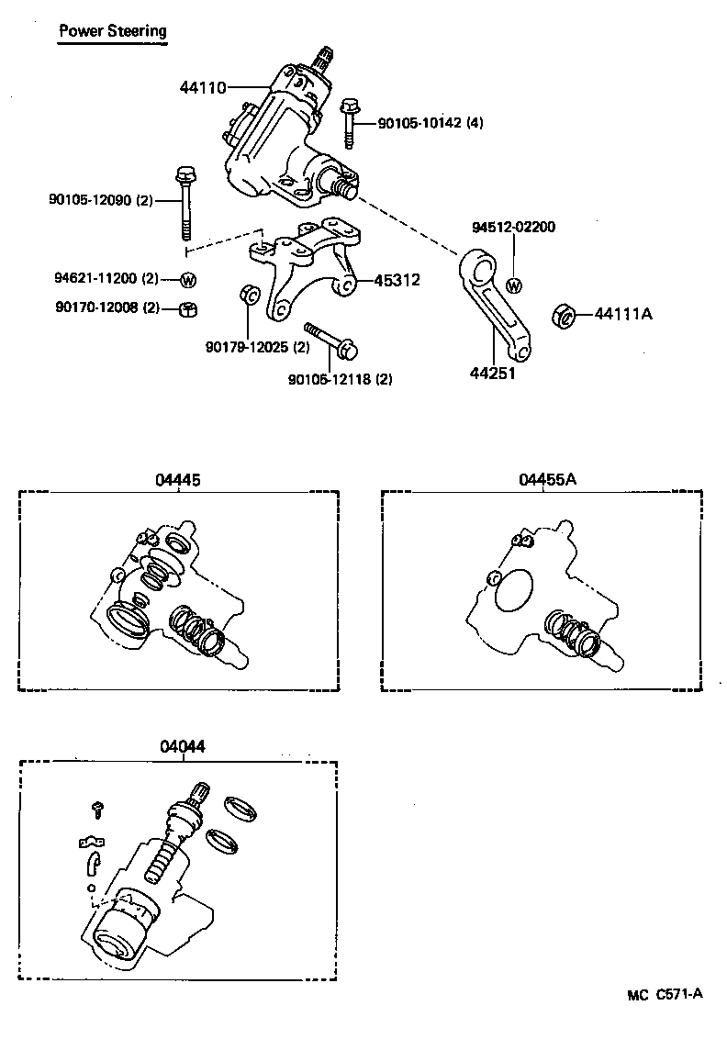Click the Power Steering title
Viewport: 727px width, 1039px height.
coord(113,31)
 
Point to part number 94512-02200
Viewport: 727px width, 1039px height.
coord(513,227)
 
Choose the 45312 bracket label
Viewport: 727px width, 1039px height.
coord(397,281)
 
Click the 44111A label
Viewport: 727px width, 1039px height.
coord(623,314)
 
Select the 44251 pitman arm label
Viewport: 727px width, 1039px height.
coord(492,374)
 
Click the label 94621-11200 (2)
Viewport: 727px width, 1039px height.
coord(106,279)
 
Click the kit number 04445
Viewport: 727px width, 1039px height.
coord(179,479)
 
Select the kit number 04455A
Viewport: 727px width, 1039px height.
coord(547,479)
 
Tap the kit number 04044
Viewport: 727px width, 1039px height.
coord(183,747)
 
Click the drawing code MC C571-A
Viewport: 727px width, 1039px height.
coord(665,993)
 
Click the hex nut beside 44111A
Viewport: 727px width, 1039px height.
coord(564,316)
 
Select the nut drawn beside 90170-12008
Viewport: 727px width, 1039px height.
coord(186,308)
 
